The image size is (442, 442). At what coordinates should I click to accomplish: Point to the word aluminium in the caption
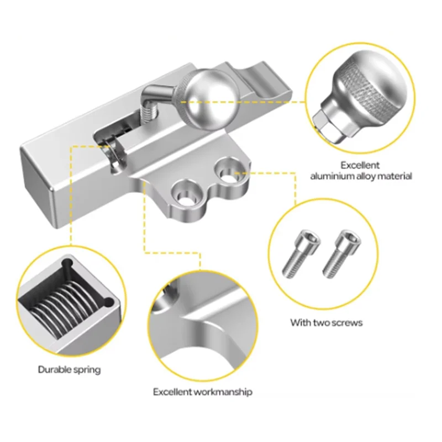(x=330, y=176)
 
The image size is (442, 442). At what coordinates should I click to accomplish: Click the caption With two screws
(x=326, y=322)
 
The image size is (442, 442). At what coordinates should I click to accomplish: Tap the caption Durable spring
(x=69, y=370)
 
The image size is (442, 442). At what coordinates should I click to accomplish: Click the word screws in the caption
(x=346, y=322)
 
